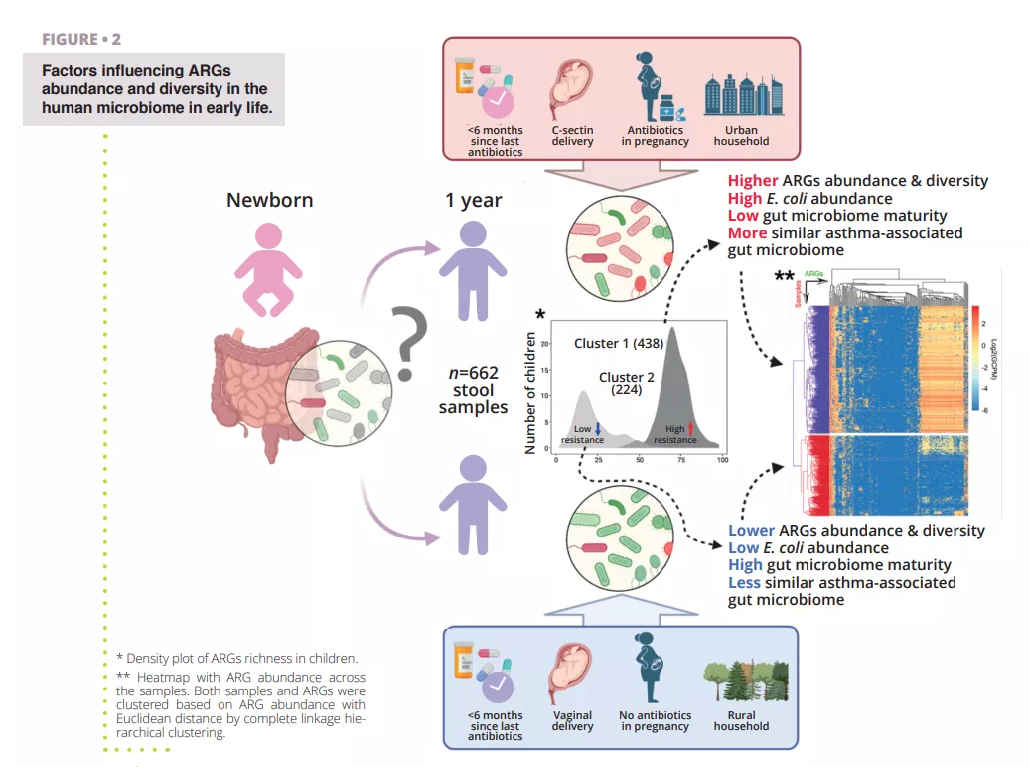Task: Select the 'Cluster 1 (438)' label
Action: pyautogui.click(x=618, y=343)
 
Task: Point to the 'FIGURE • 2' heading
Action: pyautogui.click(x=81, y=40)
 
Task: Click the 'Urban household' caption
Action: pyautogui.click(x=741, y=136)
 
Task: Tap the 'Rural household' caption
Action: pyautogui.click(x=741, y=720)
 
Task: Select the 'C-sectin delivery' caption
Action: pyautogui.click(x=572, y=136)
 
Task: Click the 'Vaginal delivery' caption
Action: pyautogui.click(x=572, y=720)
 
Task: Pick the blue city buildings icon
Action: pyautogui.click(x=740, y=94)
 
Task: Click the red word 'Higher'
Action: pyautogui.click(x=753, y=181)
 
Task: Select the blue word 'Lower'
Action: pyautogui.click(x=751, y=531)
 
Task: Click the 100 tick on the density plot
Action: pyautogui.click(x=722, y=460)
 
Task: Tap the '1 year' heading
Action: pyautogui.click(x=473, y=200)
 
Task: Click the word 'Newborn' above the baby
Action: pyautogui.click(x=269, y=200)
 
